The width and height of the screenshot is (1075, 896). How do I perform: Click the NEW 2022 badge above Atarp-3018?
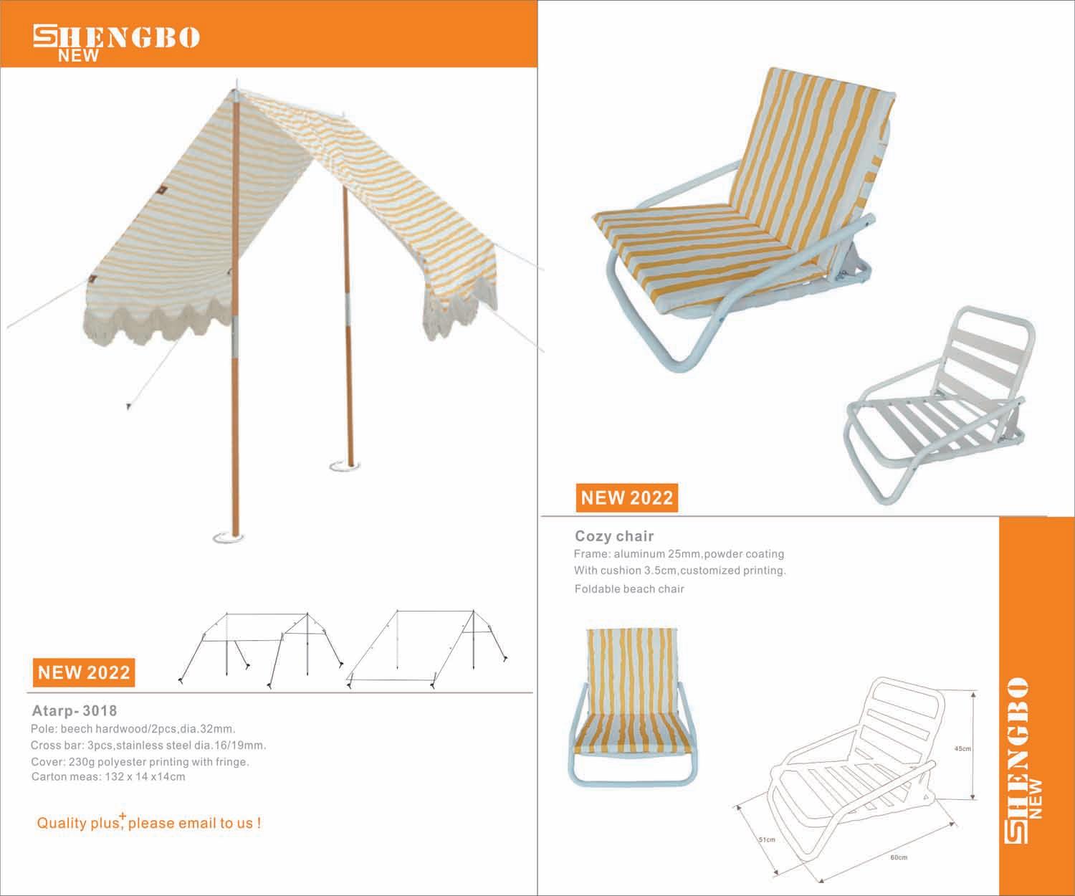[84, 672]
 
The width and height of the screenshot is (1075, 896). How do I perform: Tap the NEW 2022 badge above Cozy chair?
[626, 497]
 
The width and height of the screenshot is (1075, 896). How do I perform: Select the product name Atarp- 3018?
[75, 711]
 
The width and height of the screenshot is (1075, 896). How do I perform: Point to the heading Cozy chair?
[614, 536]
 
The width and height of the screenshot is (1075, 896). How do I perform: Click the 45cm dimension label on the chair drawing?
[962, 749]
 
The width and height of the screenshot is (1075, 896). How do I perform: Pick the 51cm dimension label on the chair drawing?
[767, 839]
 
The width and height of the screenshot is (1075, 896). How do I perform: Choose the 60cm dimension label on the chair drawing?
[899, 857]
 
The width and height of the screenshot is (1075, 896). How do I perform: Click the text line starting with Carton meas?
[108, 776]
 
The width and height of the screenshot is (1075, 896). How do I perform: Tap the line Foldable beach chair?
[629, 589]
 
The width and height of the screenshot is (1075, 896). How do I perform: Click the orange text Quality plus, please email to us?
[148, 823]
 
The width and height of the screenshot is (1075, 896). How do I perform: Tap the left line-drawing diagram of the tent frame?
[259, 649]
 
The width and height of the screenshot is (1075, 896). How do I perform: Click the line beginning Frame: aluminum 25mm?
[679, 554]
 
